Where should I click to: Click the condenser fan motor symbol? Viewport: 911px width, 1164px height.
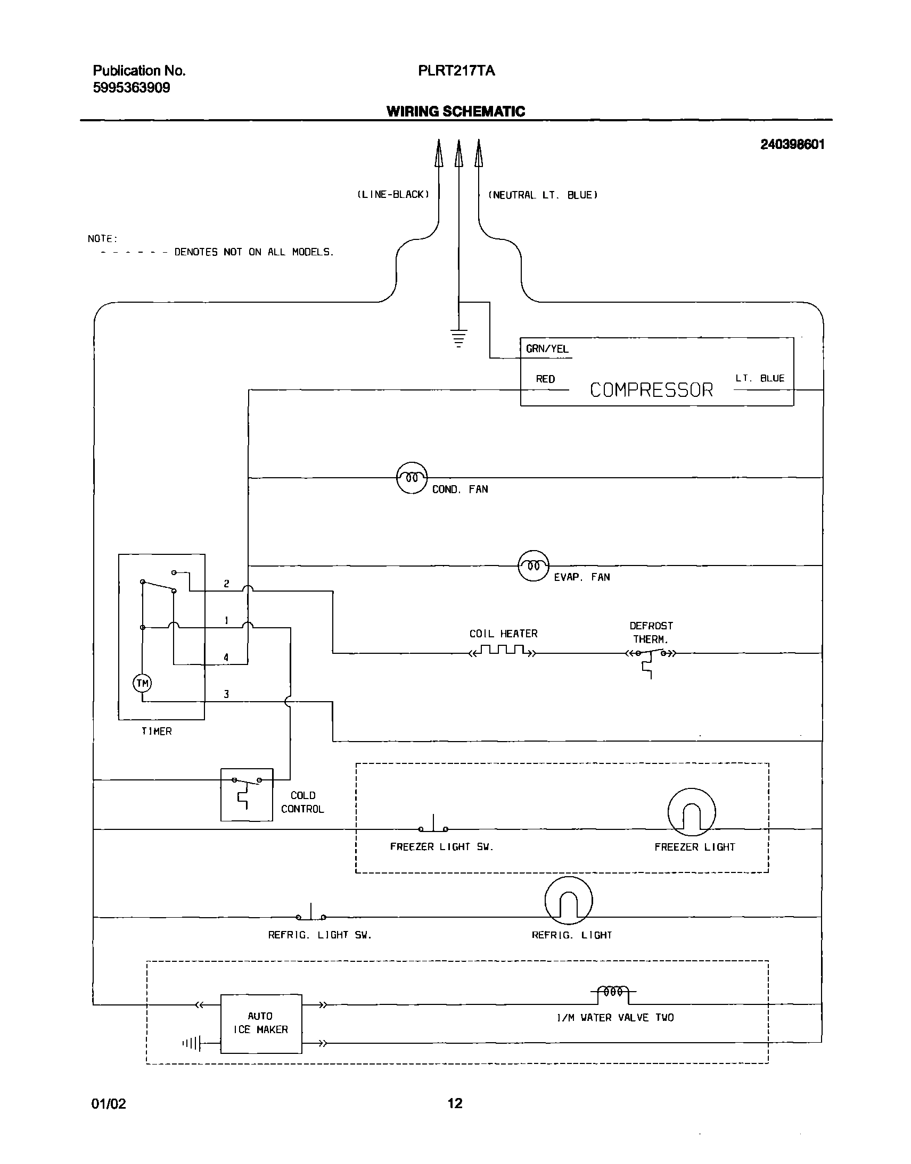coord(412,478)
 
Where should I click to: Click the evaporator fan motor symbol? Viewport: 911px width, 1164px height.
coord(533,566)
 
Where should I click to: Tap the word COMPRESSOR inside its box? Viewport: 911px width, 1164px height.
coord(651,390)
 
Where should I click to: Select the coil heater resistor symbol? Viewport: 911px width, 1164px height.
coord(503,651)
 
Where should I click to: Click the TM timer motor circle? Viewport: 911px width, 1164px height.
coord(142,683)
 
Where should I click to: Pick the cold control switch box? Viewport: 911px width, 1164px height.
coord(247,794)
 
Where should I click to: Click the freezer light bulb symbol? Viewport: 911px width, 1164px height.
coord(691,812)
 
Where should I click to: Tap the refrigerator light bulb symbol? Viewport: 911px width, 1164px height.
coord(568,900)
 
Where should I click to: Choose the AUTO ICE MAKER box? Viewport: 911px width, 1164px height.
coord(261,1024)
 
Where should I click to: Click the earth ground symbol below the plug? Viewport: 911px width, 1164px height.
coord(458,338)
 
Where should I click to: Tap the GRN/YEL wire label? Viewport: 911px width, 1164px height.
coord(547,349)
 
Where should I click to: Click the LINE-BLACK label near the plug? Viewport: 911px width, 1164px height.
coord(392,195)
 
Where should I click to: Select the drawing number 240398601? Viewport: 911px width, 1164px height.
coord(792,144)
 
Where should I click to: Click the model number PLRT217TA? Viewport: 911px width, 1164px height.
coord(456,71)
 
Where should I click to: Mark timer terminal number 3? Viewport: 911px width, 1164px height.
coord(226,694)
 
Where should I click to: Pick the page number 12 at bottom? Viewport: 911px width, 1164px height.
coord(454,1103)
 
